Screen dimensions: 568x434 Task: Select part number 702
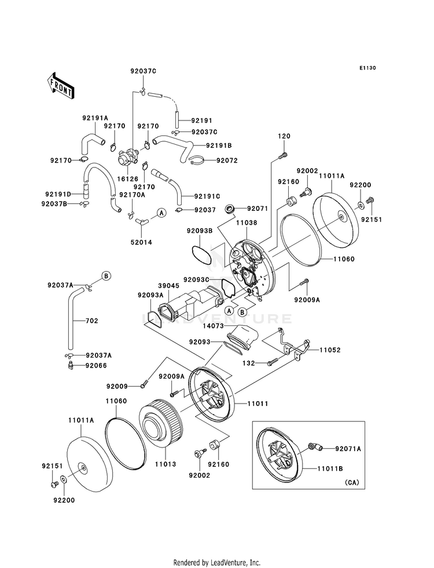[91, 320]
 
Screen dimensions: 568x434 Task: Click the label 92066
[96, 366]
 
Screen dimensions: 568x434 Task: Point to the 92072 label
[227, 160]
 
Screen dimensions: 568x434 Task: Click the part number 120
[284, 135]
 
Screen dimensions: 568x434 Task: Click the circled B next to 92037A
[106, 276]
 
